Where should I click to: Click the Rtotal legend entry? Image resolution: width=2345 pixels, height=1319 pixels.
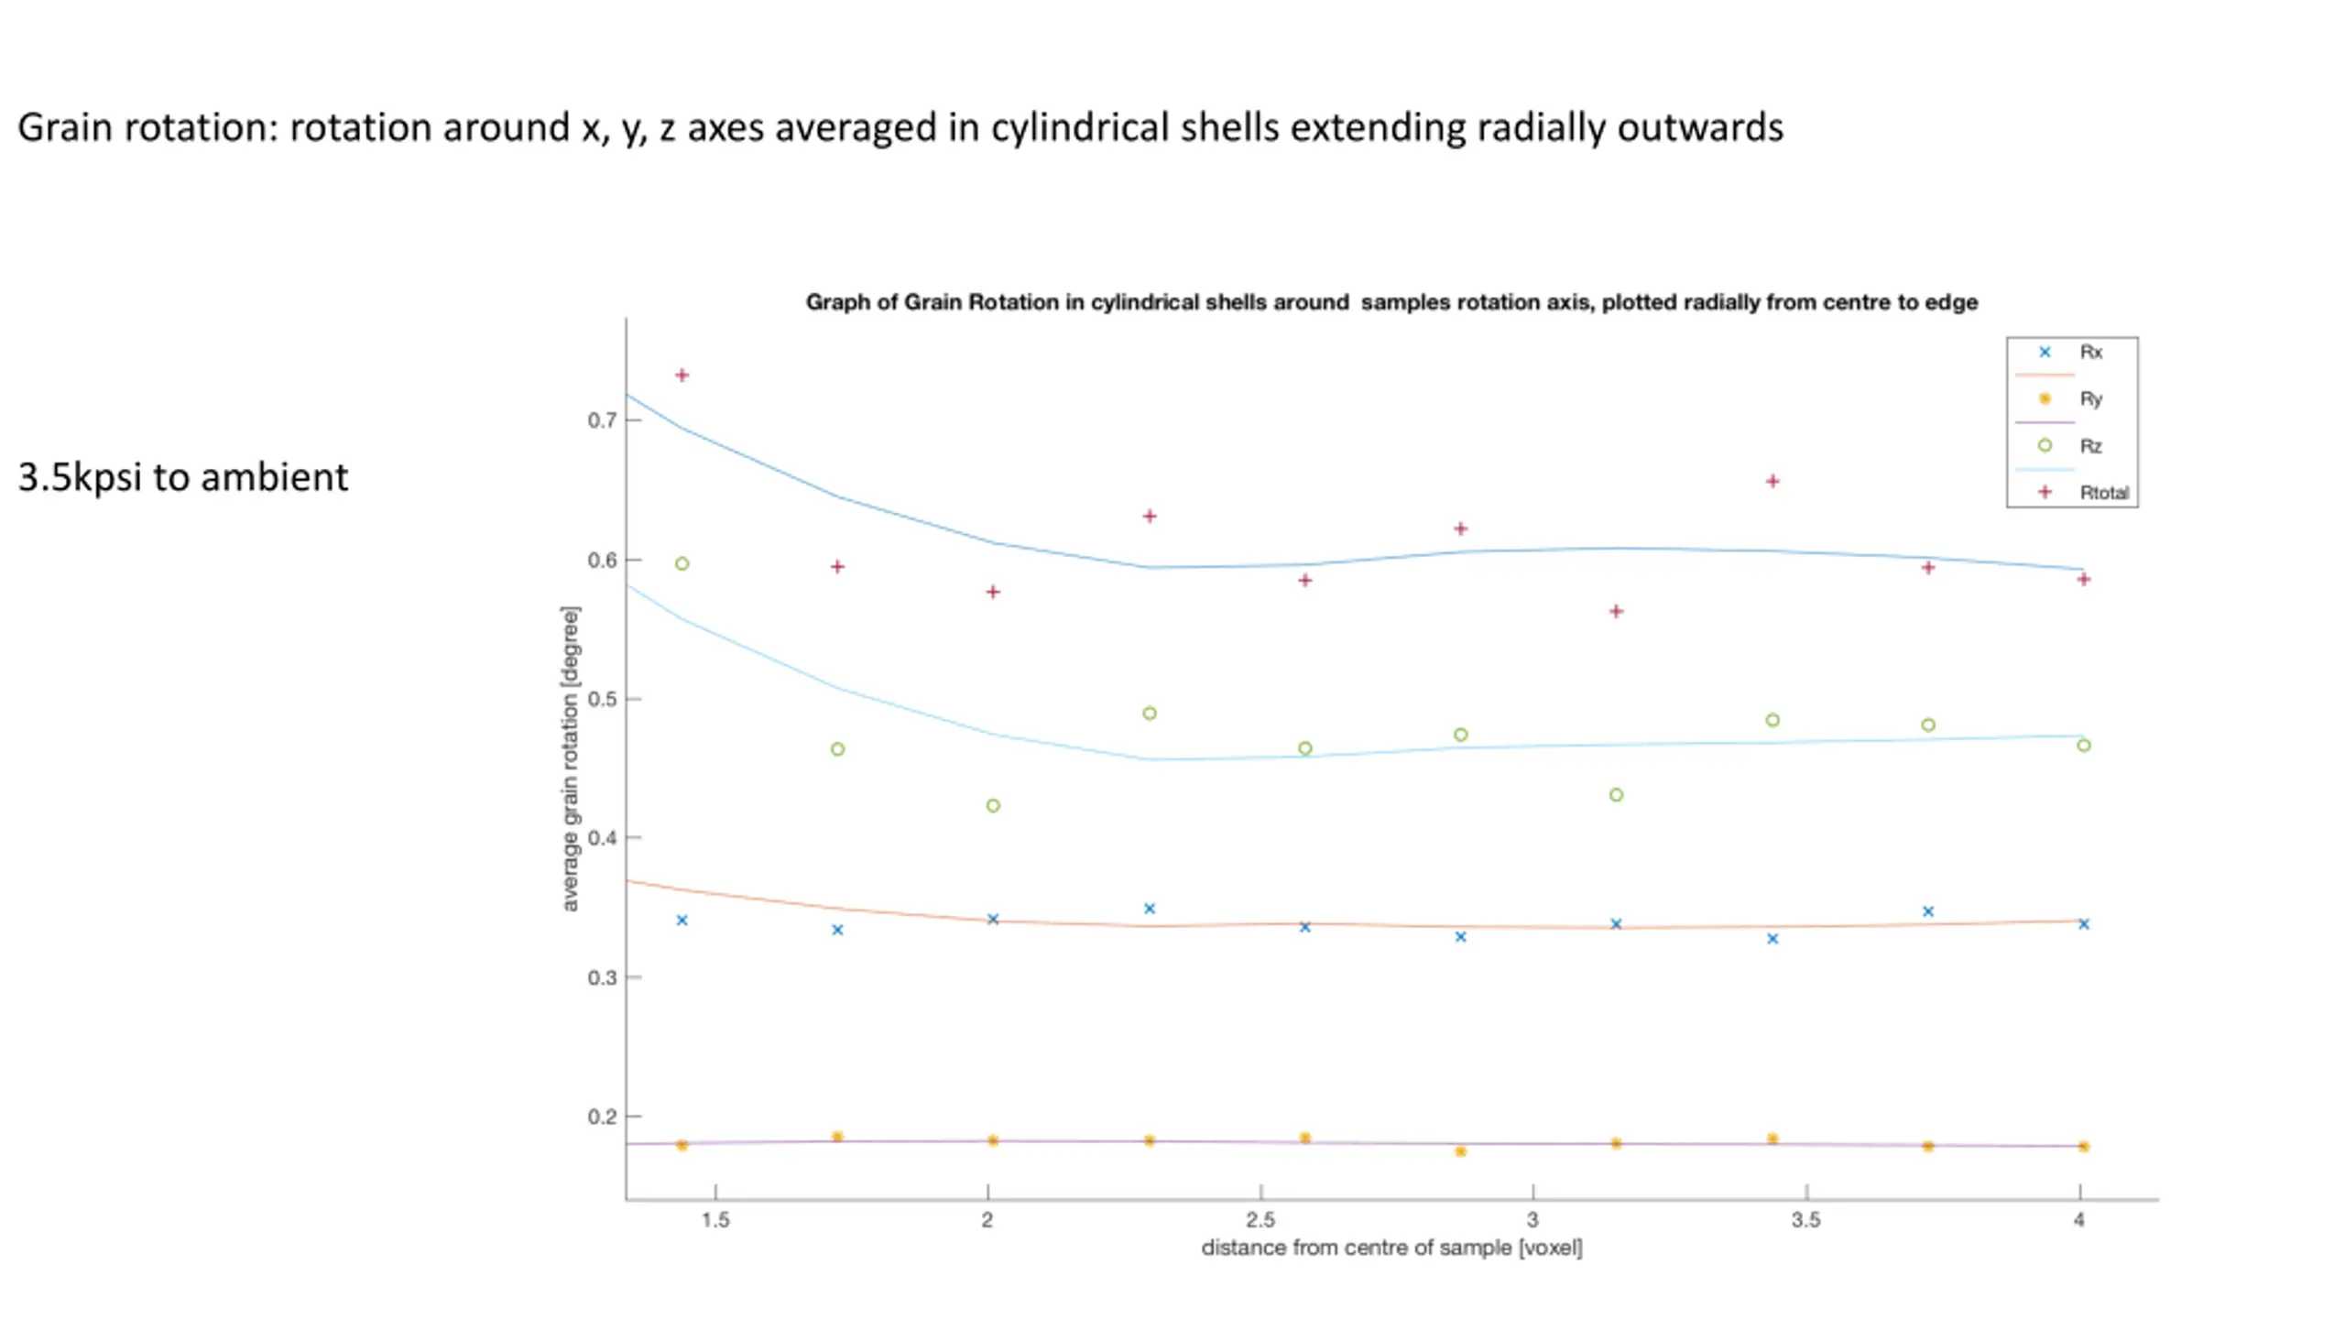2103,493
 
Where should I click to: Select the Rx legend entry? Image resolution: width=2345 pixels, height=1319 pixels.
2090,353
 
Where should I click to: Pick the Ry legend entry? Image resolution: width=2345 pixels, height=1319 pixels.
2090,399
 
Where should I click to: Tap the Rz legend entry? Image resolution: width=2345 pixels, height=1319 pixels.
2090,446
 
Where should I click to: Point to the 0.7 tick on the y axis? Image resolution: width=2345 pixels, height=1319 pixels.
602,420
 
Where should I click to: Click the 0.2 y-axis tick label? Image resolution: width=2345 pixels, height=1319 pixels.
602,1117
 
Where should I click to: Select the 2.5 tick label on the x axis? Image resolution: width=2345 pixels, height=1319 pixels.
1260,1220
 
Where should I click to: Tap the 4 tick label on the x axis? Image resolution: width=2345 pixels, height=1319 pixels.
2079,1220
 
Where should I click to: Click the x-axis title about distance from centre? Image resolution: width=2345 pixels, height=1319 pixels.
1391,1248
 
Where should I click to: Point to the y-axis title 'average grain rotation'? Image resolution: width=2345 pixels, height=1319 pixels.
570,758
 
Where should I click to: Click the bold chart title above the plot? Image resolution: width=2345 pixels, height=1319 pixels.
1391,302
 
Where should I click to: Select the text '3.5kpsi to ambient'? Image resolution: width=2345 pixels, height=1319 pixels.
183,477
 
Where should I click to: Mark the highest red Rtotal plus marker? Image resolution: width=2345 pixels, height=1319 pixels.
682,376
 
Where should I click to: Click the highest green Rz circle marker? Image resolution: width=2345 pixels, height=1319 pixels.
682,564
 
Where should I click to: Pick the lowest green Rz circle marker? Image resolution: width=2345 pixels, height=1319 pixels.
993,806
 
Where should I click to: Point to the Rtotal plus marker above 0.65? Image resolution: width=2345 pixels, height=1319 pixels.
1772,481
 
